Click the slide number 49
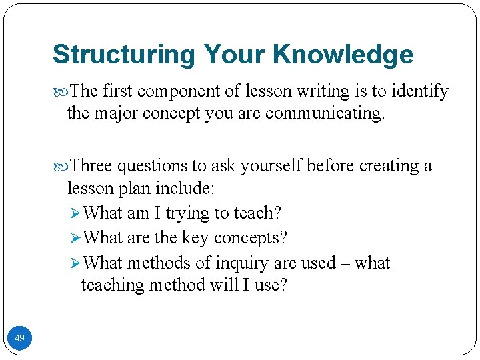[x=19, y=339]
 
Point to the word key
[x=199, y=238]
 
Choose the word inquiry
[x=243, y=263]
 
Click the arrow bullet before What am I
[x=75, y=213]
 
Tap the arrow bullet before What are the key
[x=75, y=238]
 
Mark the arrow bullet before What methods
[x=75, y=263]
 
